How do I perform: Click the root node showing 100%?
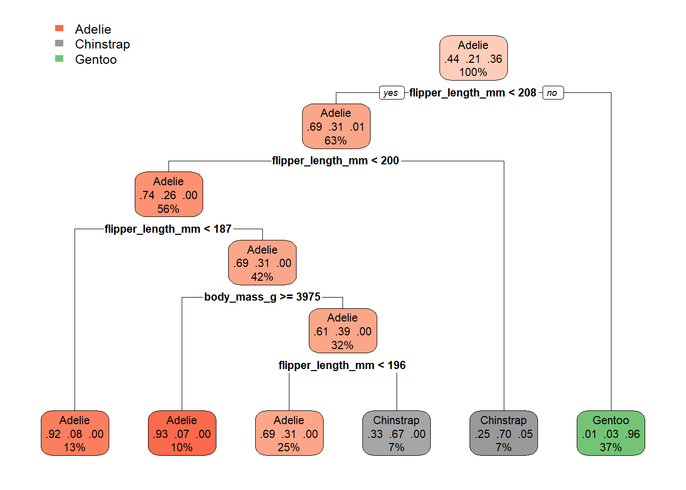[473, 58]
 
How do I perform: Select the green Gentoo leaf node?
[610, 433]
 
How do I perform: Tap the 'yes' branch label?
[391, 93]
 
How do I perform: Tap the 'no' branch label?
[552, 93]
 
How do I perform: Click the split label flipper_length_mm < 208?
[473, 93]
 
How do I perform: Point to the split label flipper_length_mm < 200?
[335, 161]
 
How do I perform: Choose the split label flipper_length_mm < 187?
[168, 229]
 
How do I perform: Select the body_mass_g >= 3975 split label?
[262, 297]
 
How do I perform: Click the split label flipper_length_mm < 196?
[342, 365]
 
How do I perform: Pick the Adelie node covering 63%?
[336, 127]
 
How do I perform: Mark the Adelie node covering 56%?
[168, 194]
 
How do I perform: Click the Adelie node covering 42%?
[262, 263]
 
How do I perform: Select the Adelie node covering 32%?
[342, 331]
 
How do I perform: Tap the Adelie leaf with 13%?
[75, 433]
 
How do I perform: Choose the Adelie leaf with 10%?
[182, 433]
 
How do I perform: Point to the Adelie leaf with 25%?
[289, 433]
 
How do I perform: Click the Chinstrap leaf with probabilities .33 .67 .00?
[396, 433]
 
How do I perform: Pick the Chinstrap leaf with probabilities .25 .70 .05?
[503, 433]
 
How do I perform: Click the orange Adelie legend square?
[59, 29]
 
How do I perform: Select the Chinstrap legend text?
[103, 44]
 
